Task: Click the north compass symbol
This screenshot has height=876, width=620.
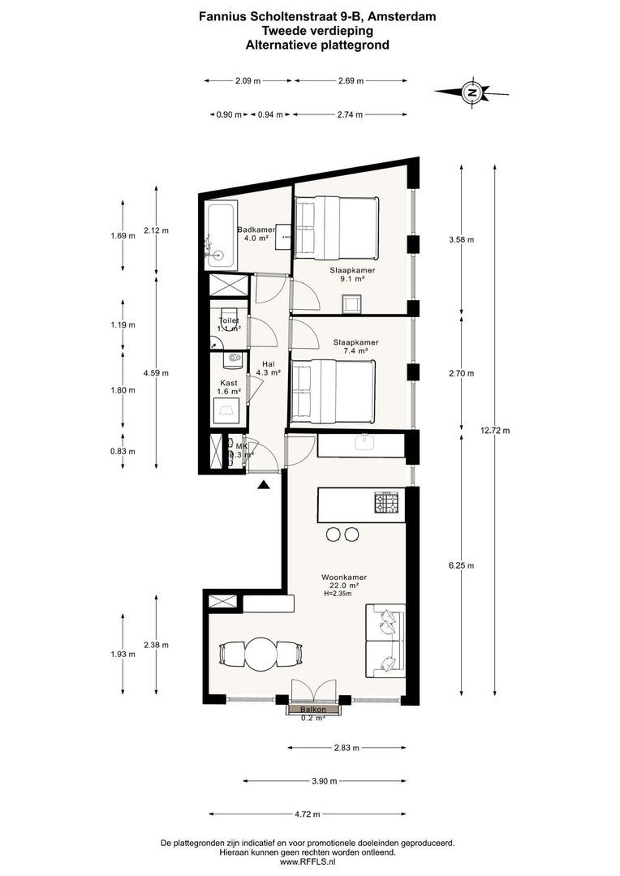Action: point(471,92)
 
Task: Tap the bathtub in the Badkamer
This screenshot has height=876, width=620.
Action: point(221,235)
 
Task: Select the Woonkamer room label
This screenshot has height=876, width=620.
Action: point(339,577)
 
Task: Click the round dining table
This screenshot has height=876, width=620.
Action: point(261,653)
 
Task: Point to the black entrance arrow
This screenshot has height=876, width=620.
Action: point(264,485)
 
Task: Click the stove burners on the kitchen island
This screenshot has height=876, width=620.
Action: point(386,502)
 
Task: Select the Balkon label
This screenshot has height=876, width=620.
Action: point(312,710)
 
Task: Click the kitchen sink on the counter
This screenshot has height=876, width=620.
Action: point(364,442)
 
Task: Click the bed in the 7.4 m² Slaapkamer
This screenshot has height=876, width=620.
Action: point(333,392)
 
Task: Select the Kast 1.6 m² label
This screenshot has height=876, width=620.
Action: point(228,386)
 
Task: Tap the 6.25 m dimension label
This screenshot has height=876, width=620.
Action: point(461,565)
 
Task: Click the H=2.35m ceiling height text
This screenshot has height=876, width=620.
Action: point(339,594)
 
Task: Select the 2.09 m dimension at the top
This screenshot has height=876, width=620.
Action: point(248,80)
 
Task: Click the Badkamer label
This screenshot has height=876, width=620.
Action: point(256,230)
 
